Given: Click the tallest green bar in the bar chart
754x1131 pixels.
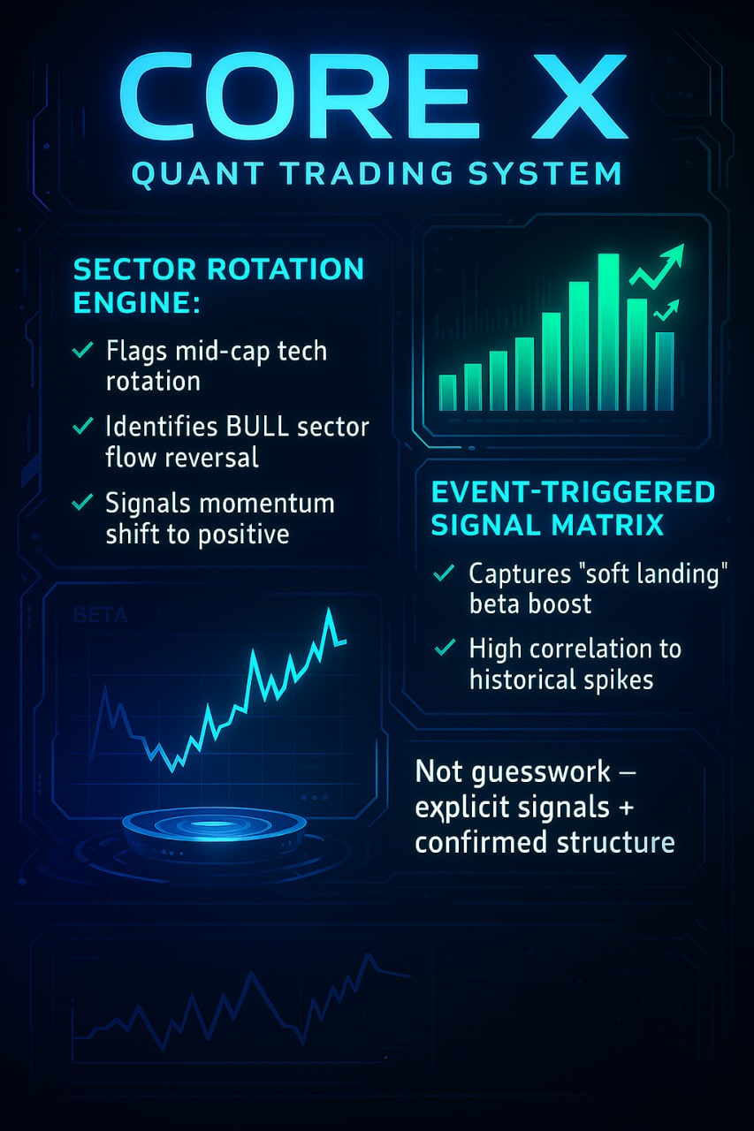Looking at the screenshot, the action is (x=608, y=331).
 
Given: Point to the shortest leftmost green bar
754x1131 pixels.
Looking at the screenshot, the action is (x=447, y=392).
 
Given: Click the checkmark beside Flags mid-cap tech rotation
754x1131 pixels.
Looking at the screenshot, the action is (x=82, y=349).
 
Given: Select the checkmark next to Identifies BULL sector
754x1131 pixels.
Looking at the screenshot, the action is (x=82, y=426).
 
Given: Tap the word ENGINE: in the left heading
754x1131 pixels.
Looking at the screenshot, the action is (x=136, y=302).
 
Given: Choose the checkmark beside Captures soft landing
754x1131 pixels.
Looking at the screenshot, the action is (x=444, y=573).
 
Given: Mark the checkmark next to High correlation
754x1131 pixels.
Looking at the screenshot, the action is (x=445, y=648).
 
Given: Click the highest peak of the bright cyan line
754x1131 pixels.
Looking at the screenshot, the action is (x=330, y=609).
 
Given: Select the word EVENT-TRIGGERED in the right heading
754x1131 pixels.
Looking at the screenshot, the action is (x=573, y=492).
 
